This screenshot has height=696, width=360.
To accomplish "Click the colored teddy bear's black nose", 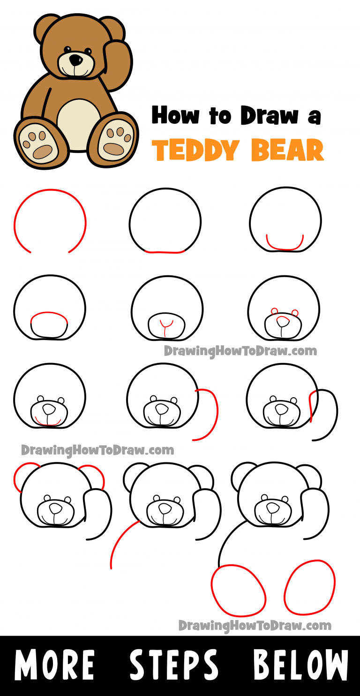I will coord(75,60).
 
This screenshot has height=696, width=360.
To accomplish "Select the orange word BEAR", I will coord(287,150).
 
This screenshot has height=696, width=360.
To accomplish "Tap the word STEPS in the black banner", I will coord(174,666).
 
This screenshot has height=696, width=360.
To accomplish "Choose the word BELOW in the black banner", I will coord(300,666).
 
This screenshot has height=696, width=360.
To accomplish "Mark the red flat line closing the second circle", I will coord(166,252).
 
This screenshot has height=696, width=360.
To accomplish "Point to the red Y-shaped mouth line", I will coord(165,326).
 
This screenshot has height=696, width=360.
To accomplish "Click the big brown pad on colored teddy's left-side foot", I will coord(42,151).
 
